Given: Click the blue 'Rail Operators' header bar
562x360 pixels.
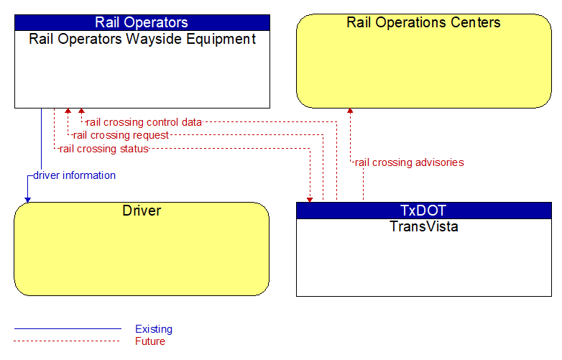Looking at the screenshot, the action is pyautogui.click(x=142, y=22).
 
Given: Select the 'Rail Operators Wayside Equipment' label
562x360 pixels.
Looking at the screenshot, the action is pyautogui.click(x=142, y=39).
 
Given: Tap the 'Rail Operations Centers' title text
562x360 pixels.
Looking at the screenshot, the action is pyautogui.click(x=423, y=22).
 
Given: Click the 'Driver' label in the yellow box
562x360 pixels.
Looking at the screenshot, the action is pyautogui.click(x=142, y=211).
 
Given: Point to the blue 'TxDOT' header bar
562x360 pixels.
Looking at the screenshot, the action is pyautogui.click(x=424, y=211).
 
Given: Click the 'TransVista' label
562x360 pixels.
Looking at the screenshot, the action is pyautogui.click(x=424, y=226).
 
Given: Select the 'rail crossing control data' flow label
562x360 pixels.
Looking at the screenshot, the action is pyautogui.click(x=144, y=122).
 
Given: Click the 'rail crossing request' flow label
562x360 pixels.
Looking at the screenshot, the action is pyautogui.click(x=121, y=135).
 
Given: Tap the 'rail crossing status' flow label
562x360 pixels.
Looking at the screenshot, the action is pyautogui.click(x=104, y=149).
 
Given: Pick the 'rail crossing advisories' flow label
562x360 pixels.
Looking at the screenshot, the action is pyautogui.click(x=410, y=162).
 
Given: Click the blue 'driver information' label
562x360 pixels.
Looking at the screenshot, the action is pyautogui.click(x=75, y=175).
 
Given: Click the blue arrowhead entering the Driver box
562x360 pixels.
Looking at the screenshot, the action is pyautogui.click(x=27, y=200).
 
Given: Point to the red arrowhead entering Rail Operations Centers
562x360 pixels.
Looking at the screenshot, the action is pyautogui.click(x=350, y=111).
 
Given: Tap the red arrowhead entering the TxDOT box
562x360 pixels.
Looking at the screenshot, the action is pyautogui.click(x=310, y=200).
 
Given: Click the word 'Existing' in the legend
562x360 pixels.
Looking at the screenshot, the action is pyautogui.click(x=154, y=329).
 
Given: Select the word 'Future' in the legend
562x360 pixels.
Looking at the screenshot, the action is pyautogui.click(x=150, y=341).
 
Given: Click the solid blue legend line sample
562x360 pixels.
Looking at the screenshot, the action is pyautogui.click(x=68, y=328).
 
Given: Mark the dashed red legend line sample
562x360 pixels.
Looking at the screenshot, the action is pyautogui.click(x=67, y=341).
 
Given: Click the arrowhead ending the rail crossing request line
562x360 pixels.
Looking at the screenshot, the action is pyautogui.click(x=68, y=111).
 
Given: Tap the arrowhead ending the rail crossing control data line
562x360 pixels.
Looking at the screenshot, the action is pyautogui.click(x=81, y=111).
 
